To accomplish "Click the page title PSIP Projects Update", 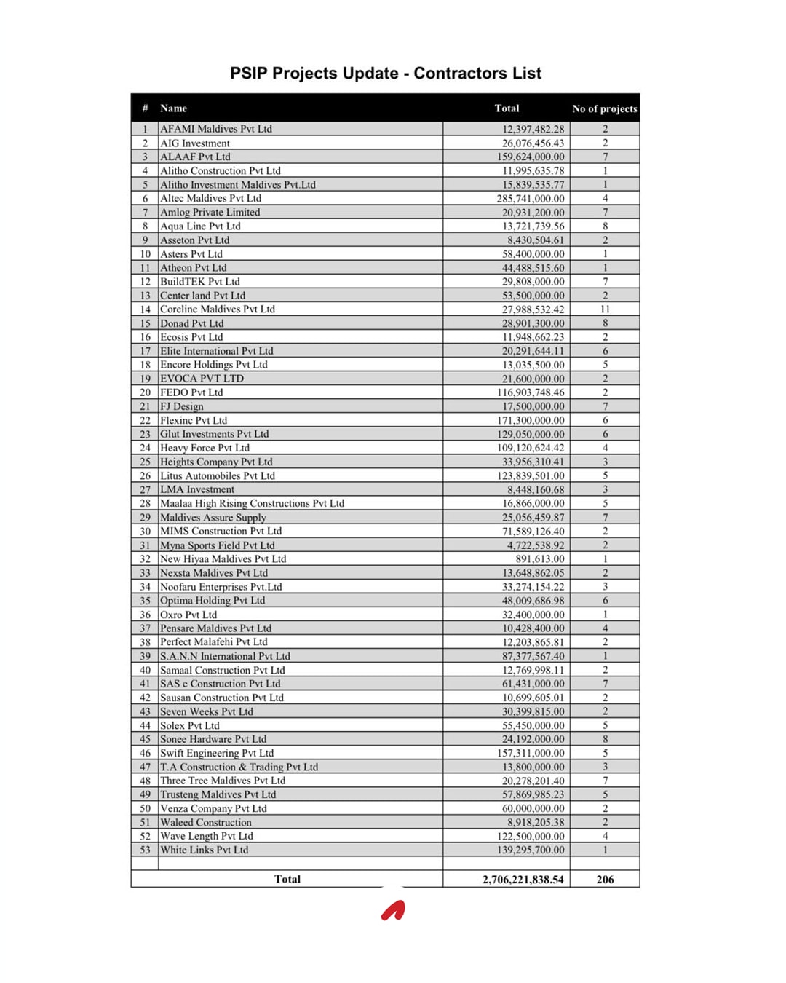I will point(386,74).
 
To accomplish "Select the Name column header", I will point(174,108).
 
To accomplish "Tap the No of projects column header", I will point(604,109).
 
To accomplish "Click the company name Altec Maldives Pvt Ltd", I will point(210,198).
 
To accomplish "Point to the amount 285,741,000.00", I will point(531,198).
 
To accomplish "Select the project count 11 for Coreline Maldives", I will point(605,309).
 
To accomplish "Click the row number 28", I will point(146,503).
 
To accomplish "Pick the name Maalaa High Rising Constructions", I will point(252,503).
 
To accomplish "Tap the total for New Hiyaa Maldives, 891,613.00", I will point(540,559).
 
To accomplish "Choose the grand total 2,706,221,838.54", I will point(523,880).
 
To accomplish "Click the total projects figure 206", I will point(605,880).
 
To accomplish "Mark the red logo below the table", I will point(393,911).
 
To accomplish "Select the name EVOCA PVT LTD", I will point(202,379).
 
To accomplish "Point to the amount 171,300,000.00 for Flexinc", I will point(531,420).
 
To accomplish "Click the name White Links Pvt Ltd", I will point(204,850).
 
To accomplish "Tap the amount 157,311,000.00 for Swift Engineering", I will point(531,753).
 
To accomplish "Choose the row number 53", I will point(146,850).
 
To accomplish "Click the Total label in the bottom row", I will point(287,879).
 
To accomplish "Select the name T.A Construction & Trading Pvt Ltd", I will point(239,767).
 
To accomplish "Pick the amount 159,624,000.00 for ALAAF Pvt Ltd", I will point(531,157).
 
